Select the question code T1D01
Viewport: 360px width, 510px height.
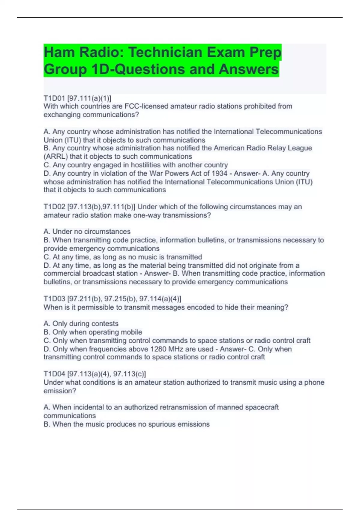tap(54, 98)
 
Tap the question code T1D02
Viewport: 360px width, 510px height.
tap(54, 207)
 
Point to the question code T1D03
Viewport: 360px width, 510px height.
tap(54, 299)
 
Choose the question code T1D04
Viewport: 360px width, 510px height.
tap(54, 374)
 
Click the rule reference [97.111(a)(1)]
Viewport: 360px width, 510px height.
tap(89, 98)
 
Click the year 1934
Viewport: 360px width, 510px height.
tap(219, 173)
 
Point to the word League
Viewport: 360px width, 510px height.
tap(300, 148)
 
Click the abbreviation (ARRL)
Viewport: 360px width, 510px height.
tap(56, 156)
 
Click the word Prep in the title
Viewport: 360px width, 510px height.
tap(265, 52)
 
